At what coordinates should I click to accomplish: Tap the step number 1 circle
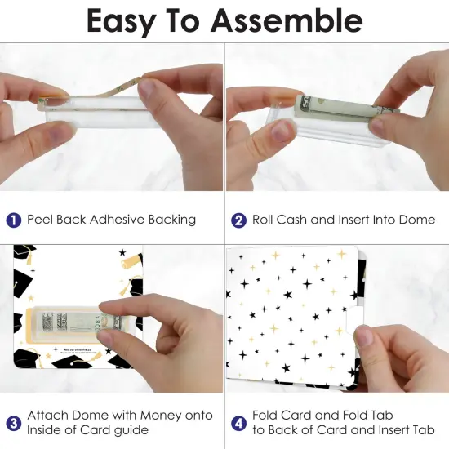click(x=14, y=220)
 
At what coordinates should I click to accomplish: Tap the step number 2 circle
click(x=239, y=220)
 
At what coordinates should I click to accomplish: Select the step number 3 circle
click(x=14, y=423)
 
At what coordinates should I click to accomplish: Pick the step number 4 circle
click(x=239, y=423)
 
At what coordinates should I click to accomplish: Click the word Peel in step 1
click(x=41, y=220)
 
